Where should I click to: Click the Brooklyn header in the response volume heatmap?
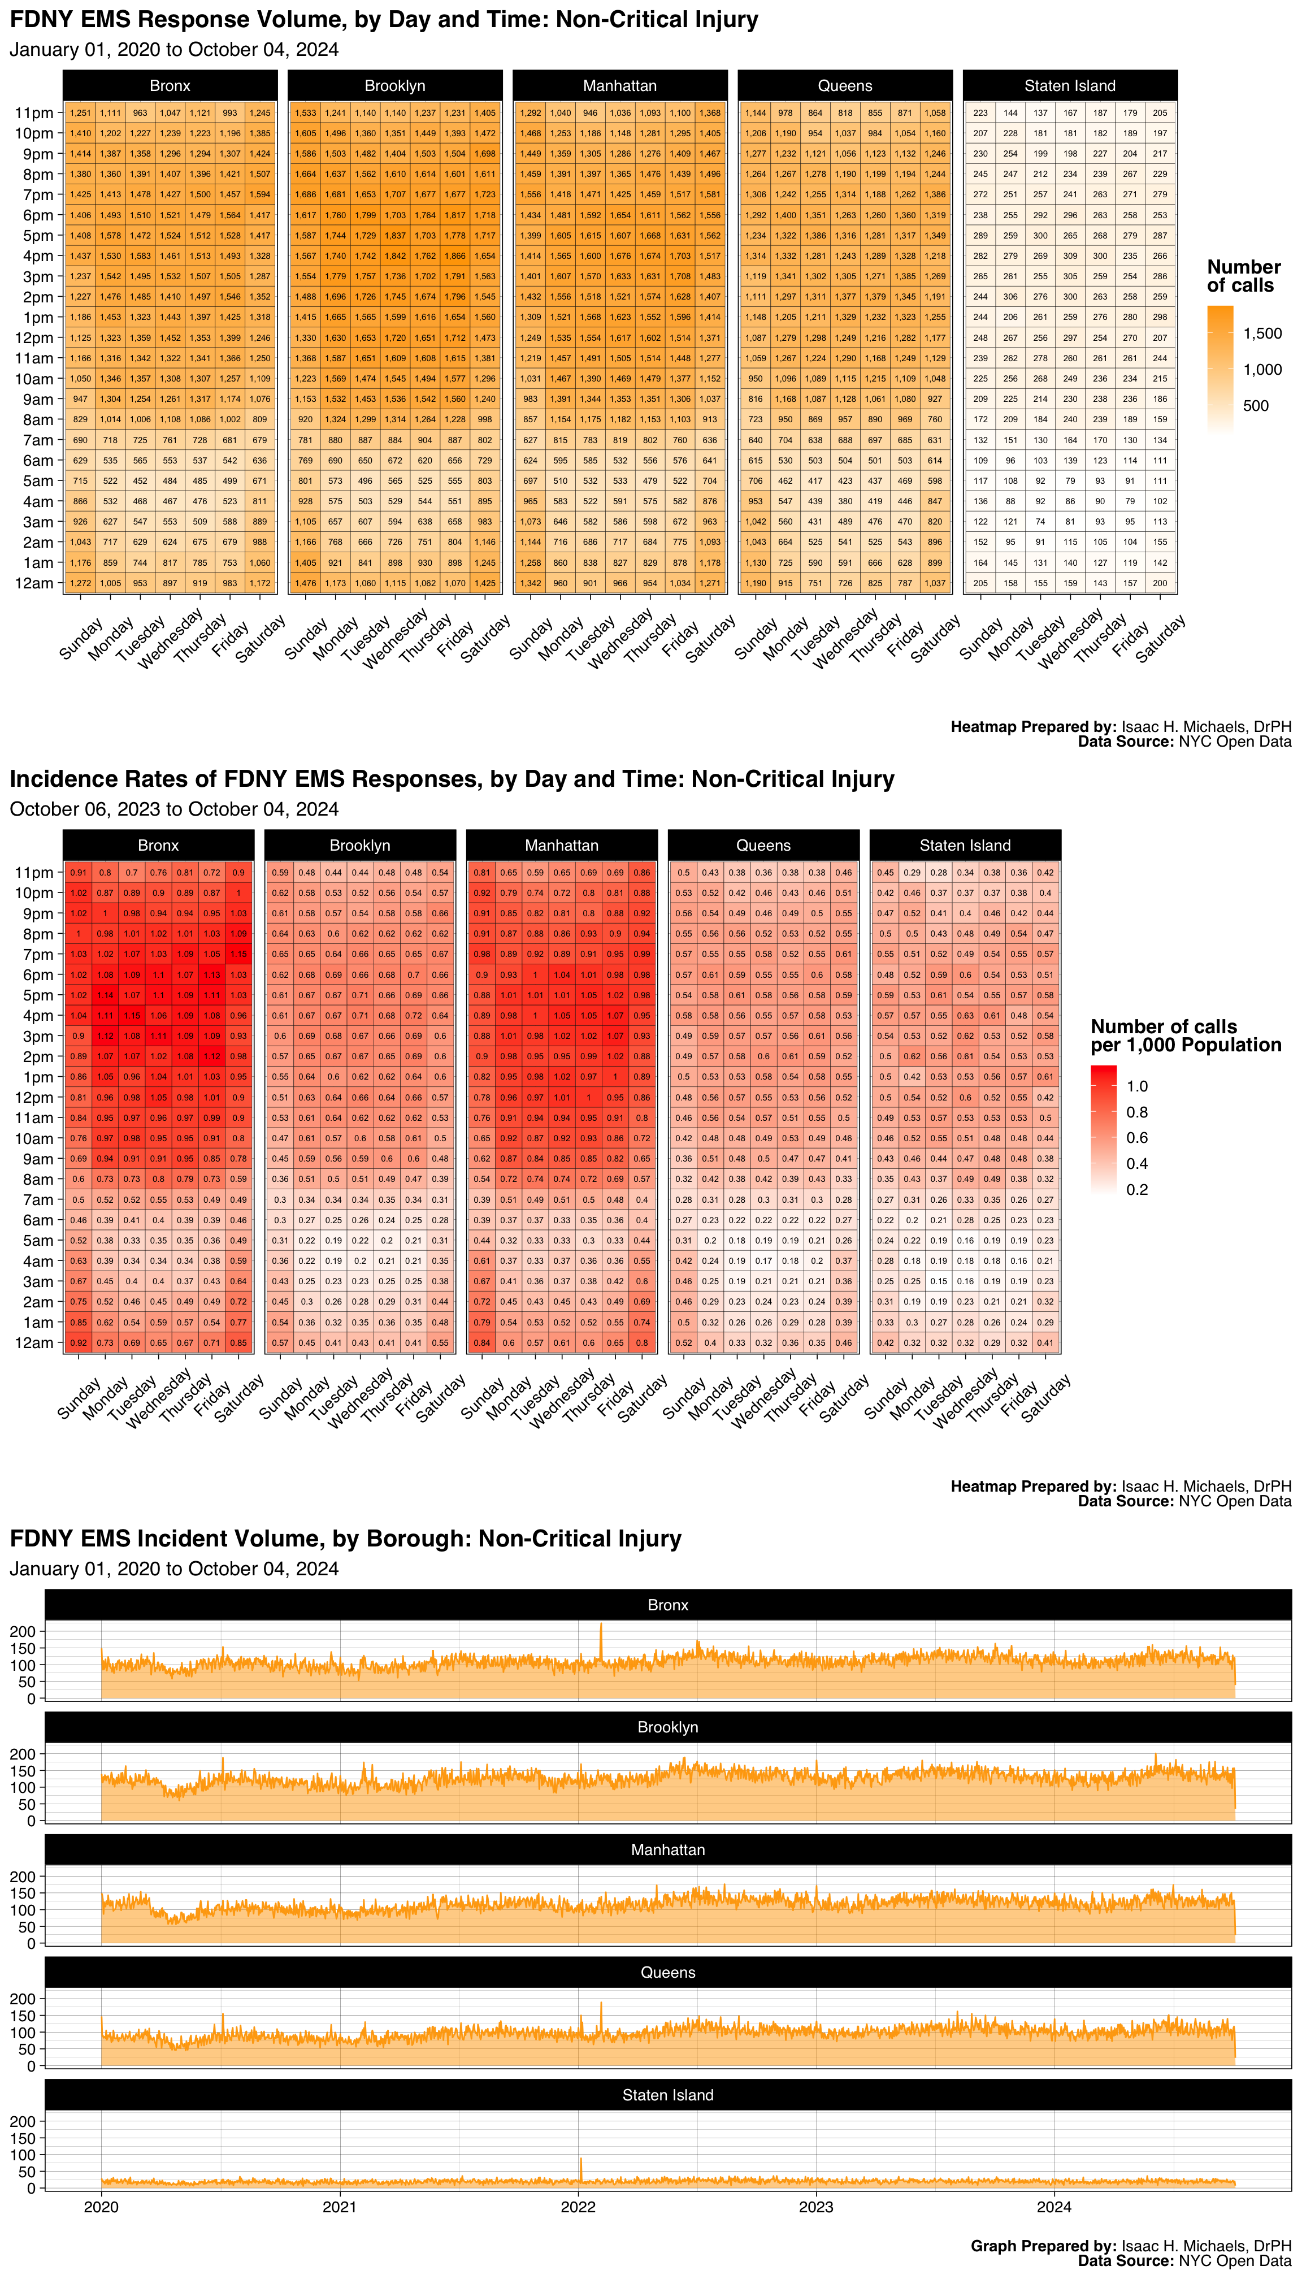click(394, 86)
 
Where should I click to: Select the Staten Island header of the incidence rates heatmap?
click(965, 845)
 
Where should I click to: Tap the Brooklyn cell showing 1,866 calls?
click(455, 256)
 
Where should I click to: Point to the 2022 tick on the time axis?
click(578, 2207)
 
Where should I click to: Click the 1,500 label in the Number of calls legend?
click(1262, 333)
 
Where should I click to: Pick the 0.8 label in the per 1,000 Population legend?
click(1136, 1112)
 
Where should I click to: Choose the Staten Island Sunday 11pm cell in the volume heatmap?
click(981, 112)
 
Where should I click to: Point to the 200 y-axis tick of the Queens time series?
click(23, 1999)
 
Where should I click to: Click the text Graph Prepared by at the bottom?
click(1043, 2246)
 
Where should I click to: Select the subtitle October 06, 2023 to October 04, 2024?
click(173, 809)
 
